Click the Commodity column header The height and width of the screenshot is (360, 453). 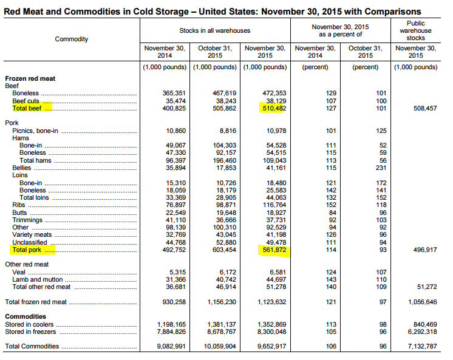72,39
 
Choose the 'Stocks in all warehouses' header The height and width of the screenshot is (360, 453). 214,30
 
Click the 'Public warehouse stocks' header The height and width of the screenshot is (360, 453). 416,30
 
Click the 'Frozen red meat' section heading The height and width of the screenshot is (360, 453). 30,79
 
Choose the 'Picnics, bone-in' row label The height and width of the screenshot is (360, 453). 35,131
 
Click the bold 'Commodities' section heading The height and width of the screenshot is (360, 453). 26,316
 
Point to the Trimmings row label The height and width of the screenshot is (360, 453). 29,220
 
